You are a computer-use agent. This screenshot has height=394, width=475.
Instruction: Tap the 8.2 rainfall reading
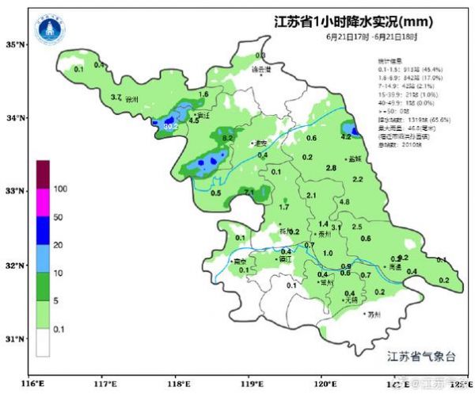coord(228,138)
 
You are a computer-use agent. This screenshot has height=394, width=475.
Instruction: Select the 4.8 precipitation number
coord(344,202)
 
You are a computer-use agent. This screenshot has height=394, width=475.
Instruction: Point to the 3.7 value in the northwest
coord(116,98)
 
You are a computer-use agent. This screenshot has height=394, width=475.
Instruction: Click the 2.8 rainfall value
coord(331,168)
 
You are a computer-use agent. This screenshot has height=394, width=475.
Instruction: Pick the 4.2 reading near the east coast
coord(345,137)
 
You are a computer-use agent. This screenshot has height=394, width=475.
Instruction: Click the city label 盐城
coord(354,159)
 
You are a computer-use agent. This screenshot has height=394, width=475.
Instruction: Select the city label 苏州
coord(374,315)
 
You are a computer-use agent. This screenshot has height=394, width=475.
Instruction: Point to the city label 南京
coord(239,261)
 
